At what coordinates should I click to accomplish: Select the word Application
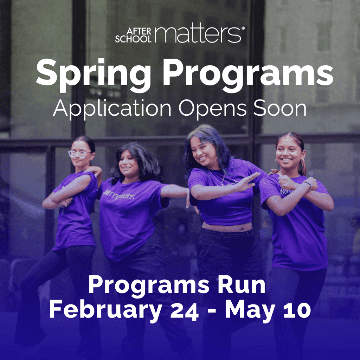pyautogui.click(x=112, y=109)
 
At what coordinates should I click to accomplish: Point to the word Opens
pyautogui.click(x=212, y=109)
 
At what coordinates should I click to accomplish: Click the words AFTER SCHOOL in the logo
pyautogui.click(x=133, y=35)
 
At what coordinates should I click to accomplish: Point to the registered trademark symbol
pyautogui.click(x=243, y=28)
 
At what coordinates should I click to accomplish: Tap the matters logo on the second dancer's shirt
pyautogui.click(x=119, y=195)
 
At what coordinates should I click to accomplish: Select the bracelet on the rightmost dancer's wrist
pyautogui.click(x=308, y=185)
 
